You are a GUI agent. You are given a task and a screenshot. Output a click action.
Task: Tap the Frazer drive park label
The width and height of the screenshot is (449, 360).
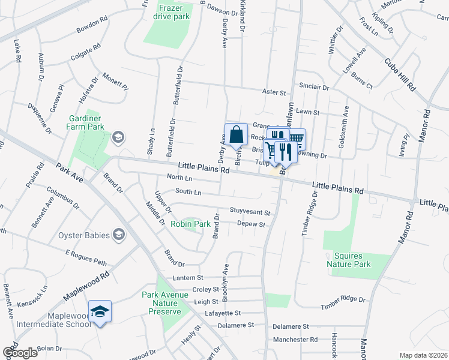point(173,11)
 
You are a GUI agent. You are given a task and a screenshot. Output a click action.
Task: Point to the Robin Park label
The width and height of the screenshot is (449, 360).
point(190,224)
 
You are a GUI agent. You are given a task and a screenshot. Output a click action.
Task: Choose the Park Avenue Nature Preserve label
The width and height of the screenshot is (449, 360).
point(161,303)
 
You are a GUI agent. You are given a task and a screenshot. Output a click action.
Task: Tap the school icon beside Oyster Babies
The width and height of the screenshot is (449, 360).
point(119,234)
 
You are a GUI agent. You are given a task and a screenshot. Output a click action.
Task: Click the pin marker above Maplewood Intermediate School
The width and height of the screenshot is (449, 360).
point(100,311)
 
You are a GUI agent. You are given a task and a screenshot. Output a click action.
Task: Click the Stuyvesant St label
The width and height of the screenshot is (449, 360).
point(250,212)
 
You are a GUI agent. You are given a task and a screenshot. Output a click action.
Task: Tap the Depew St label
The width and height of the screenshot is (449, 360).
point(251,224)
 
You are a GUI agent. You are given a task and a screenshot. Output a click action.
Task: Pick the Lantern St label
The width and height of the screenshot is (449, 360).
point(189,278)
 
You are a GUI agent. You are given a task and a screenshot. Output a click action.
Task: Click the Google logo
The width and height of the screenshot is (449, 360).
point(19,352)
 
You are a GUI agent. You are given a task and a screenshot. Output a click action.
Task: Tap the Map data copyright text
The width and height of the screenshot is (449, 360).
point(424,355)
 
